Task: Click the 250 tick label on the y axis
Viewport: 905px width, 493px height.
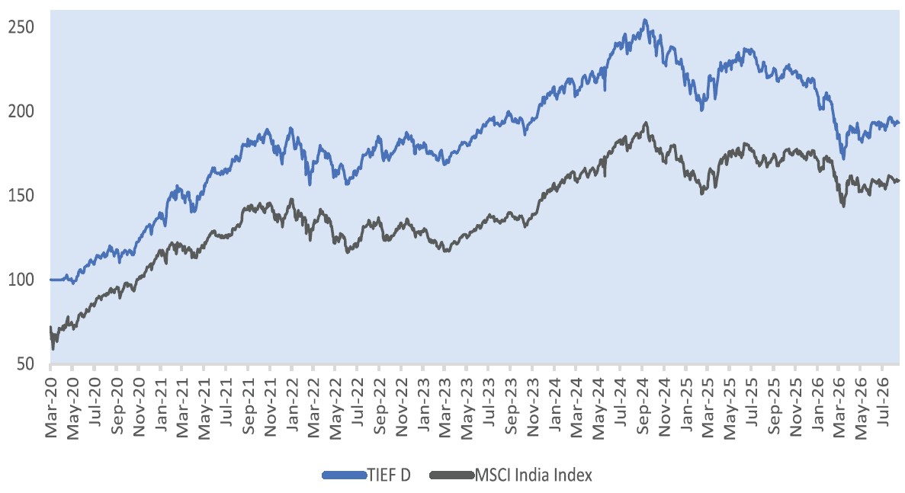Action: pyautogui.click(x=21, y=27)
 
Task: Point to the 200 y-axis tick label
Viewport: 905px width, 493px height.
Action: pyautogui.click(x=21, y=111)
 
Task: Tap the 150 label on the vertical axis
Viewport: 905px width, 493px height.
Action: pyautogui.click(x=21, y=196)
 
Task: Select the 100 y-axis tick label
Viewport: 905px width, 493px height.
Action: pyautogui.click(x=21, y=280)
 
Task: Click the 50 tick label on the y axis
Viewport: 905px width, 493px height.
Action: pyautogui.click(x=25, y=363)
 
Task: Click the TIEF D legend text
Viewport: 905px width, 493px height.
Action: pyautogui.click(x=389, y=475)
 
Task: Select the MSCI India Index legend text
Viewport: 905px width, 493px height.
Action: pyautogui.click(x=533, y=475)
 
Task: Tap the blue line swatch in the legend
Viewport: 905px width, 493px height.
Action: pyautogui.click(x=345, y=475)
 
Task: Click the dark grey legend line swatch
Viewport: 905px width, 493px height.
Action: pyautogui.click(x=452, y=475)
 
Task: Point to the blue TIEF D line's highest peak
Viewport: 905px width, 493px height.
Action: pyautogui.click(x=645, y=20)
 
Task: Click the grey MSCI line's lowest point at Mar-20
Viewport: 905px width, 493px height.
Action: pyautogui.click(x=53, y=349)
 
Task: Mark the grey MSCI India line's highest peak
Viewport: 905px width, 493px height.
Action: pyautogui.click(x=646, y=123)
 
